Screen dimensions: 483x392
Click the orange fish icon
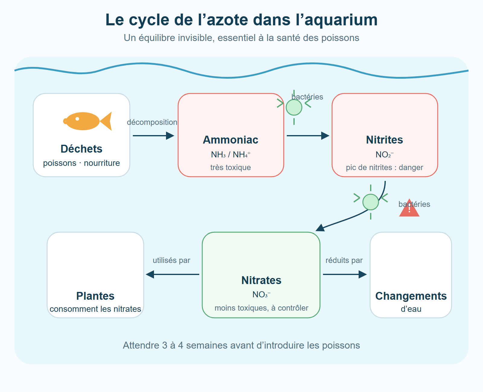click(x=88, y=121)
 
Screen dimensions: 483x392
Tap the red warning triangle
click(x=409, y=208)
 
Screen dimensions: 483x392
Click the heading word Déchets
click(x=82, y=149)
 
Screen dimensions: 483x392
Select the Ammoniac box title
click(x=231, y=140)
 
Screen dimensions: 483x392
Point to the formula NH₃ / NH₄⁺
click(x=231, y=155)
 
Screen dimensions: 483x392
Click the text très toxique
click(x=231, y=167)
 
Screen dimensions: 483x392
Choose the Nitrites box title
click(x=385, y=140)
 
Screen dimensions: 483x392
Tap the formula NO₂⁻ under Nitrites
click(x=385, y=155)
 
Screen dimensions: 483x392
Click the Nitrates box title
click(x=261, y=280)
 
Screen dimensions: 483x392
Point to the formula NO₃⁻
click(x=261, y=295)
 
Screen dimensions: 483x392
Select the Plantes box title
click(x=95, y=296)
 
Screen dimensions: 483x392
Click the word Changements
click(x=411, y=296)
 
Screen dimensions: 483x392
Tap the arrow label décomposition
click(x=152, y=122)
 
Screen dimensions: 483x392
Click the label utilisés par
click(x=171, y=261)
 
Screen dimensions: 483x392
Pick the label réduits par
click(x=344, y=261)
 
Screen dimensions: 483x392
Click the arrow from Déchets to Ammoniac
click(x=154, y=136)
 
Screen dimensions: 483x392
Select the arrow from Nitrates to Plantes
click(x=172, y=274)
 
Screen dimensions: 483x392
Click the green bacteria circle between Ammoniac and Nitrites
click(x=294, y=107)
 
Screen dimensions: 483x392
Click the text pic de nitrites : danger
click(x=385, y=167)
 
